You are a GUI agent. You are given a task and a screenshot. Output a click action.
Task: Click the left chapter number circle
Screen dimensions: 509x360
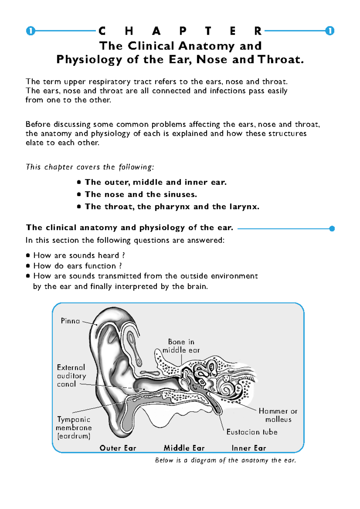click(x=30, y=31)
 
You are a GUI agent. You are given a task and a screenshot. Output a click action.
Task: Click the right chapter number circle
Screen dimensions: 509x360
click(x=330, y=31)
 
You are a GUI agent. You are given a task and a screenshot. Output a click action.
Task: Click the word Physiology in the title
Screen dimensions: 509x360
click(x=89, y=60)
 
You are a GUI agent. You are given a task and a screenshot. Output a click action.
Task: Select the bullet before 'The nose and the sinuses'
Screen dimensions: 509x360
click(x=79, y=194)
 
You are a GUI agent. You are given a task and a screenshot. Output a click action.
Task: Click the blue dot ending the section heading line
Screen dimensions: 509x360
click(x=332, y=229)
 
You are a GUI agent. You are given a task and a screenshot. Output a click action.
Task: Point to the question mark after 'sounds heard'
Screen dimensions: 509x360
click(x=123, y=256)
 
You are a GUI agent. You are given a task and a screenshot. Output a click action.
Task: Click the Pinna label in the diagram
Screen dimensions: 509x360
click(x=70, y=321)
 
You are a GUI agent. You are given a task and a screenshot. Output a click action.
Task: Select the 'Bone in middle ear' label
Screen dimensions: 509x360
click(x=181, y=346)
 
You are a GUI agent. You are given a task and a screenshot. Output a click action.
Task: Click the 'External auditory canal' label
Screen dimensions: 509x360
click(x=71, y=376)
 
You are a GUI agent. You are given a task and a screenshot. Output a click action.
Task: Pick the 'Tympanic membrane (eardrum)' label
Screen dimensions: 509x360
click(x=74, y=427)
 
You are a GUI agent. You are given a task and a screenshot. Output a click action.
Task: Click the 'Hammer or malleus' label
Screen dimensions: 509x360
click(x=278, y=415)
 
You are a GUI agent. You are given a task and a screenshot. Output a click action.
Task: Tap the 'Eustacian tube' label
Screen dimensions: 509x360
click(x=252, y=432)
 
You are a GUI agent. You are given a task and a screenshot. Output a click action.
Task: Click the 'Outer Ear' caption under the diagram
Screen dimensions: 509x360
click(x=118, y=448)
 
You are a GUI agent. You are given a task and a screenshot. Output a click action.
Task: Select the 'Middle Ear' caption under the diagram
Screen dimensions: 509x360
click(x=184, y=448)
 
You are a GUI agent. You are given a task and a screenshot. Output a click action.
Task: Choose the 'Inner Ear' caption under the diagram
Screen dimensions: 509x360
click(x=249, y=448)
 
